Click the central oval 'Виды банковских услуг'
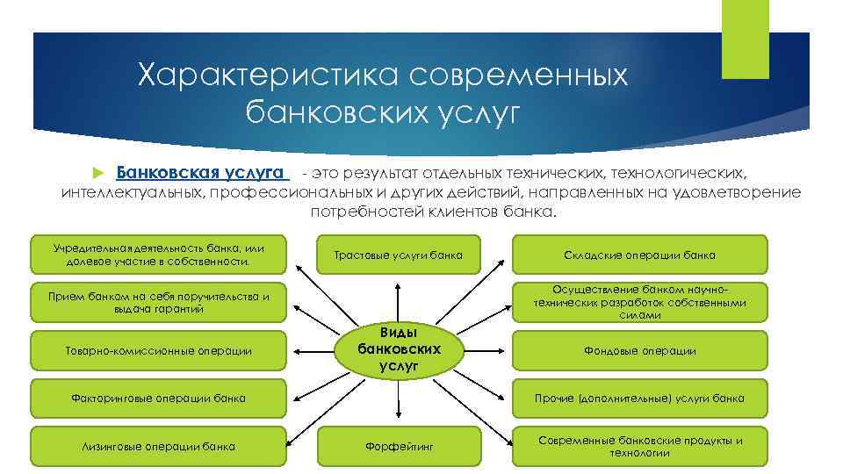click(x=399, y=349)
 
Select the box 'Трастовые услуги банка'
click(x=399, y=255)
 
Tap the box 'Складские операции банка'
click(x=639, y=255)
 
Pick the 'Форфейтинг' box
click(x=399, y=447)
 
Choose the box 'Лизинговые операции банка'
click(x=158, y=446)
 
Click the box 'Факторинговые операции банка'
click(x=158, y=399)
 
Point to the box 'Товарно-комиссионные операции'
click(x=158, y=350)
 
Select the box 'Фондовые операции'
click(x=639, y=350)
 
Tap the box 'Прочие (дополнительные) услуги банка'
click(x=639, y=399)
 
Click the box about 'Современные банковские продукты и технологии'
click(x=639, y=446)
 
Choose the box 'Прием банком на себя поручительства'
click(x=158, y=303)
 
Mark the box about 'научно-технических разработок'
click(x=639, y=303)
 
